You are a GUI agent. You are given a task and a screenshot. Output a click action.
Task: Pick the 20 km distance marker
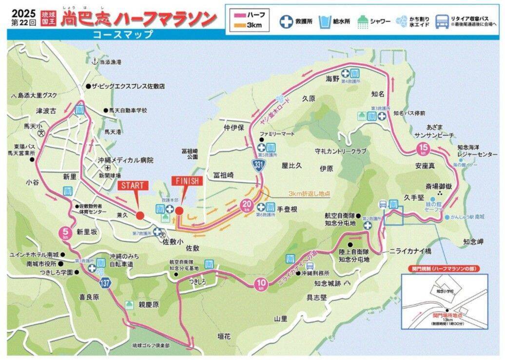tap(247, 206)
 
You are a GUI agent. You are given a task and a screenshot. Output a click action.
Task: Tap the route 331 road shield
tap(258, 166)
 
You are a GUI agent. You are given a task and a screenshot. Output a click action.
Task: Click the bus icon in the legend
tap(442, 21)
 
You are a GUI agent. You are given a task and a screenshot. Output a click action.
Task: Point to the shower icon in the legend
tap(363, 21)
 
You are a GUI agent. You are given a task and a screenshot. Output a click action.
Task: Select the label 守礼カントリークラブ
tap(340, 152)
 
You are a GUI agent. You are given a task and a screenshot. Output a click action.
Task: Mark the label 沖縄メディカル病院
tap(125, 160)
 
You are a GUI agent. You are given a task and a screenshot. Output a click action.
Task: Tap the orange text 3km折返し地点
tap(309, 193)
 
